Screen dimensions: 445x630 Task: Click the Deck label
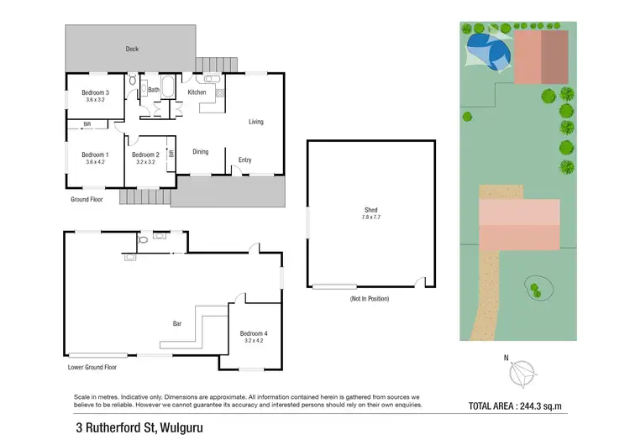(x=132, y=50)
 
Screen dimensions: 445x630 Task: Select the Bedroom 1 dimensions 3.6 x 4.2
(x=95, y=162)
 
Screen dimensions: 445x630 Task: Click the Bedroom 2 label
(x=145, y=154)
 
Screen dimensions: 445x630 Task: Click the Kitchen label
(x=197, y=92)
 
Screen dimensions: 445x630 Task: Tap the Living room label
(x=256, y=122)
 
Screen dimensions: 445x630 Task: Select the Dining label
(x=201, y=152)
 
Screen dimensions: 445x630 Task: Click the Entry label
(x=244, y=160)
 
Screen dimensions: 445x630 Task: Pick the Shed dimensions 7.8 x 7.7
(x=370, y=217)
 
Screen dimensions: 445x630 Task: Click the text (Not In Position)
(x=370, y=299)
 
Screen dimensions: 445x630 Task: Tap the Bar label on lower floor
(x=177, y=323)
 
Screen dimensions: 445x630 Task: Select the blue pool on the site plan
(x=485, y=48)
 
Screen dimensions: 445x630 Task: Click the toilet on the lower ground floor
(x=142, y=240)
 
